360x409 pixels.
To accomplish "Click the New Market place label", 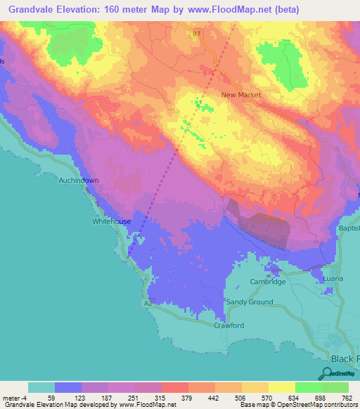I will pos(240,95).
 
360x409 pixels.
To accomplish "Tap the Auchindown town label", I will pos(79,180).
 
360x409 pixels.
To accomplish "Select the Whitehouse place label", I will pos(111,221).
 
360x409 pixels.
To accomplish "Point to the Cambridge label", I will pos(268,282).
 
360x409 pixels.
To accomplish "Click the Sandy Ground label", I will pos(249,301).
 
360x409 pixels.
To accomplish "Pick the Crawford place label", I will pos(229,325).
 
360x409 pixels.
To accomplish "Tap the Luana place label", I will pos(333,279).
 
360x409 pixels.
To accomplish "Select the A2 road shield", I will pos(148,303).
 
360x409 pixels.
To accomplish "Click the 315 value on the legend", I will pos(161,398).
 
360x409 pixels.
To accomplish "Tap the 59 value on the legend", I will pos(54,398).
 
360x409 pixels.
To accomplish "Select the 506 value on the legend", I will pos(241,398).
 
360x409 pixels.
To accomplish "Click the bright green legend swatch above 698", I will pos(308,387).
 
